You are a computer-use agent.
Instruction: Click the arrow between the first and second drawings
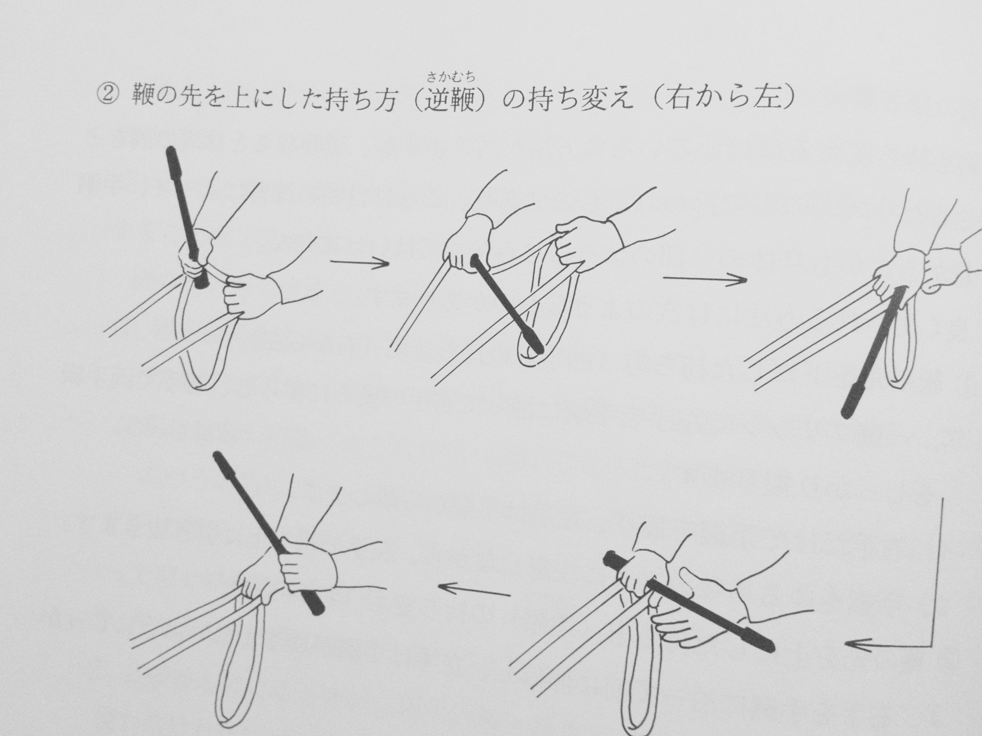coord(359,263)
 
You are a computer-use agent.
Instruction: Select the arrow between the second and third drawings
coord(704,279)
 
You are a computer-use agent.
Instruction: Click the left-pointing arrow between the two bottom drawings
coord(474,590)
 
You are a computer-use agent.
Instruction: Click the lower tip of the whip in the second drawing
coord(539,350)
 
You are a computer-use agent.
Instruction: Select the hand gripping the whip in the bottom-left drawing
coord(306,566)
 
